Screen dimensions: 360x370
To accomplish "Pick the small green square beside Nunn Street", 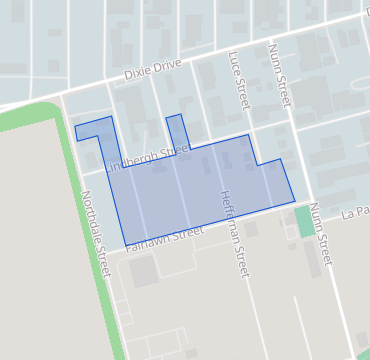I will [304, 221].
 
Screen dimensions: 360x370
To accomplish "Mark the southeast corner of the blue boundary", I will [295, 202].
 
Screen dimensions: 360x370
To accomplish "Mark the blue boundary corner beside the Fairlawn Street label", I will [125, 244].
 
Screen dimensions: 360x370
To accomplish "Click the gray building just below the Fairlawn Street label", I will [143, 269].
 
